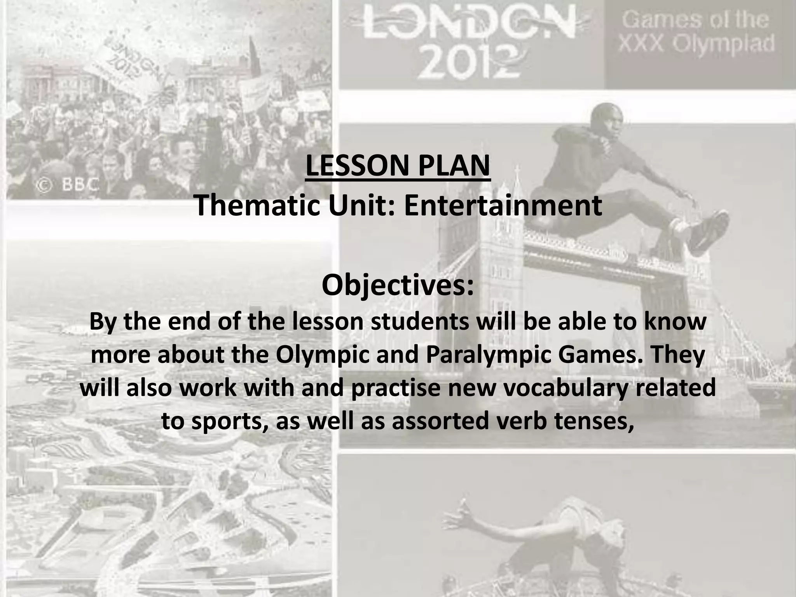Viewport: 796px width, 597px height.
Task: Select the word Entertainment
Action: click(x=503, y=206)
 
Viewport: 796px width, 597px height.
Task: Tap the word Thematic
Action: click(x=257, y=206)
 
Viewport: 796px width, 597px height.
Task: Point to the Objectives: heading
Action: click(x=398, y=286)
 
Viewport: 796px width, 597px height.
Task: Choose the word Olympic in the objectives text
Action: click(x=323, y=355)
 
